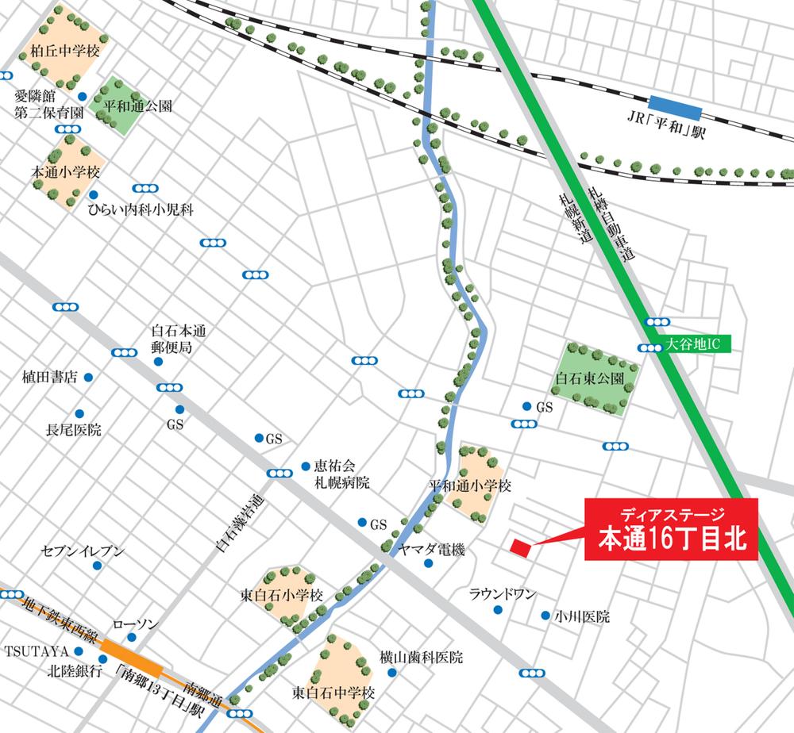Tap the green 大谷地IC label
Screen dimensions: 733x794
point(688,346)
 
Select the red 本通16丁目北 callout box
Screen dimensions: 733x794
point(672,529)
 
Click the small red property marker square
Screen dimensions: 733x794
point(521,547)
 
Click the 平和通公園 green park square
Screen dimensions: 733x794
point(121,106)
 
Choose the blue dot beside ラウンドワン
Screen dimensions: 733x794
point(498,610)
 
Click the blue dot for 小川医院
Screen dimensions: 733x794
point(545,615)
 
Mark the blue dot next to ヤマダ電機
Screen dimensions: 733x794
point(428,564)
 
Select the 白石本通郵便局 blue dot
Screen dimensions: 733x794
point(158,362)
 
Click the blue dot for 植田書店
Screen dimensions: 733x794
point(88,378)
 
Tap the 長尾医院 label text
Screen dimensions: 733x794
point(74,431)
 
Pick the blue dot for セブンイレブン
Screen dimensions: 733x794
point(97,566)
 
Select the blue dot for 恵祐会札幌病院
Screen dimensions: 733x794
point(305,466)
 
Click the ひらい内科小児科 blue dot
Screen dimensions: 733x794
point(94,195)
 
